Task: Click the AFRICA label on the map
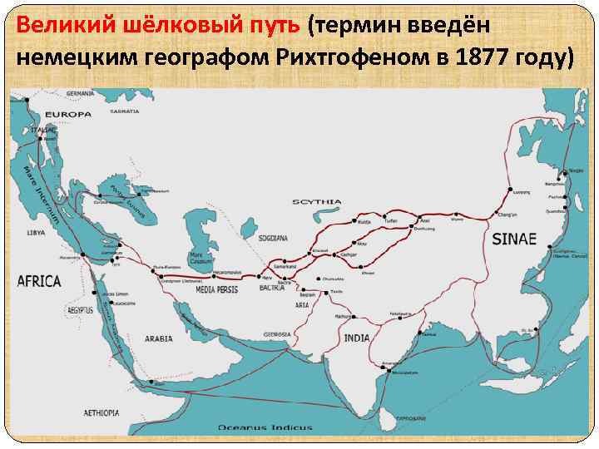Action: click(x=39, y=281)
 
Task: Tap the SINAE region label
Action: click(x=515, y=239)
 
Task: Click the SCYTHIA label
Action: click(x=317, y=202)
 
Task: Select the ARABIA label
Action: click(x=158, y=339)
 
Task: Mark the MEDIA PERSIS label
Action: click(x=219, y=290)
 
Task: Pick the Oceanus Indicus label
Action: click(x=265, y=427)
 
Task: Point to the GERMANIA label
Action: click(x=82, y=93)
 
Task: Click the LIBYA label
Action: click(x=36, y=232)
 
